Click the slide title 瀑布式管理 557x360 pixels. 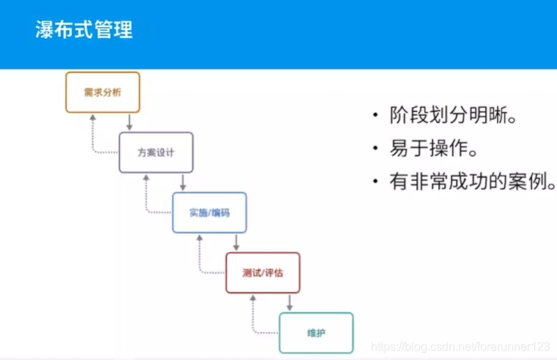(84, 32)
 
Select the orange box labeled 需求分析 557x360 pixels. (103, 92)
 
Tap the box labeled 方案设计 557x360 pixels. (156, 153)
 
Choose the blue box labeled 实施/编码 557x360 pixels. (210, 213)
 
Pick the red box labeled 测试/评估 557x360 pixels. (262, 273)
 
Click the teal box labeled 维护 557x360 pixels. (316, 333)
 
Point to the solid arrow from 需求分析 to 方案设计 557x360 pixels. (129, 122)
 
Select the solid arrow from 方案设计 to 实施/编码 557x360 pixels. (182, 182)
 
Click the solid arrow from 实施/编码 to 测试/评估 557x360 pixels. (236, 242)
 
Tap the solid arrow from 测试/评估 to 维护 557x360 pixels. (289, 302)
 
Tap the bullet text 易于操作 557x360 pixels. (434, 149)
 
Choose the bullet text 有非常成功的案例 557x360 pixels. (473, 181)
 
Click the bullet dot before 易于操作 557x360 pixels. (376, 150)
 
